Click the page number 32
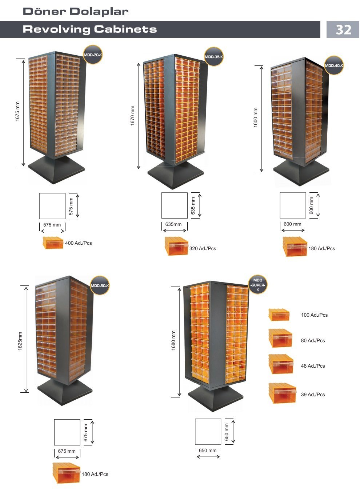pos(343,29)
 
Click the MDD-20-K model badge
pos(93,55)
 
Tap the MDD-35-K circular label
pos(214,57)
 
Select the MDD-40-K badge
pos(334,65)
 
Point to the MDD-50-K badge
pos(100,285)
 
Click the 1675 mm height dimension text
pos(17,111)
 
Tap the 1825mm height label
pos(20,341)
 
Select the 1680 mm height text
pos(173,341)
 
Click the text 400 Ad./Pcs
pos(79,243)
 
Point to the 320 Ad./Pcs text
pos(203,248)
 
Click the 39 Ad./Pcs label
pos(313,395)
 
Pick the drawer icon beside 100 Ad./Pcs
pos(279,315)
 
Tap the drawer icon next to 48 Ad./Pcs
pos(281,364)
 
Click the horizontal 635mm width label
pos(173,224)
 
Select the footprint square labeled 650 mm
pos(208,432)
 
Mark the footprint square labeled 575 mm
pos(52,206)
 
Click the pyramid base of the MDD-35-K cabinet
pos(176,175)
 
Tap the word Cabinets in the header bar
pos(125,29)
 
